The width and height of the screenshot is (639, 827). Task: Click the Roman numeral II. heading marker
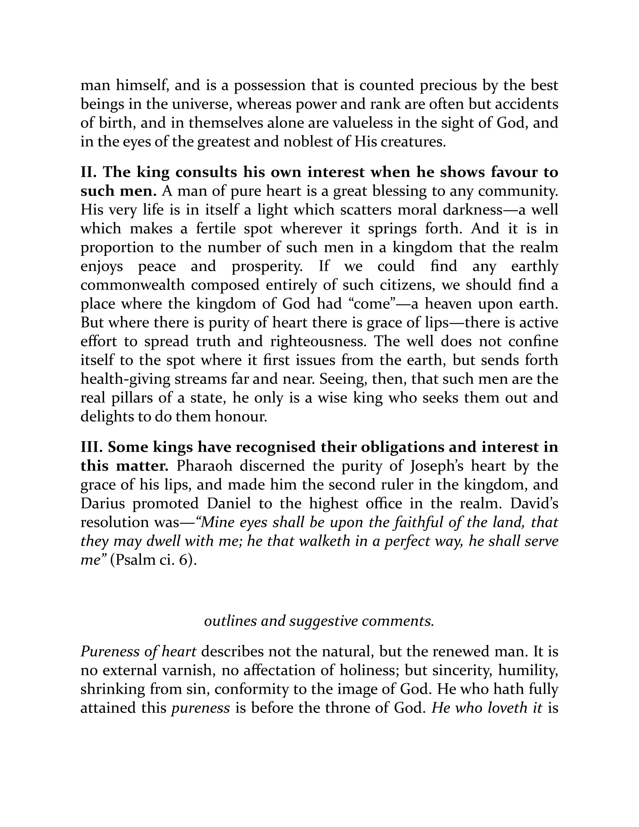click(89, 172)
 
